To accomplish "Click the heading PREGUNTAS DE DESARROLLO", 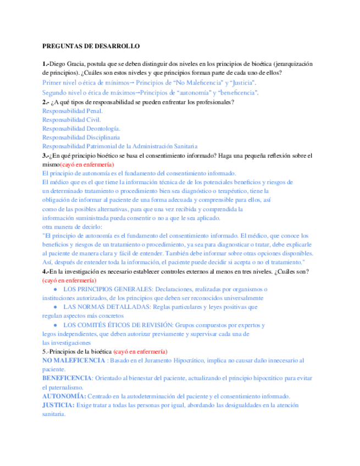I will point(91,47).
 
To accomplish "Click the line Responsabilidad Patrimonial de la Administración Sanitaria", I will point(119,146).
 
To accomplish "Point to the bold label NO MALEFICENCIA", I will point(74,360).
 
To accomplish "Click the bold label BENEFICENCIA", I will point(67,379).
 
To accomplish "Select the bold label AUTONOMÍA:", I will point(64,396).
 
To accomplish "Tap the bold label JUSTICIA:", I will point(58,405).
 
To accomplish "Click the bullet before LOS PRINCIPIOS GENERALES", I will point(56,290).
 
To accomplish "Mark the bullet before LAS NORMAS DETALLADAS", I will point(56,307).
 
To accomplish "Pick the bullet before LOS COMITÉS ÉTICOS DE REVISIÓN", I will point(56,325).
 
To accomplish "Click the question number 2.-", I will point(46,102).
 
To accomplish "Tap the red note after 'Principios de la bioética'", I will point(140,352).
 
